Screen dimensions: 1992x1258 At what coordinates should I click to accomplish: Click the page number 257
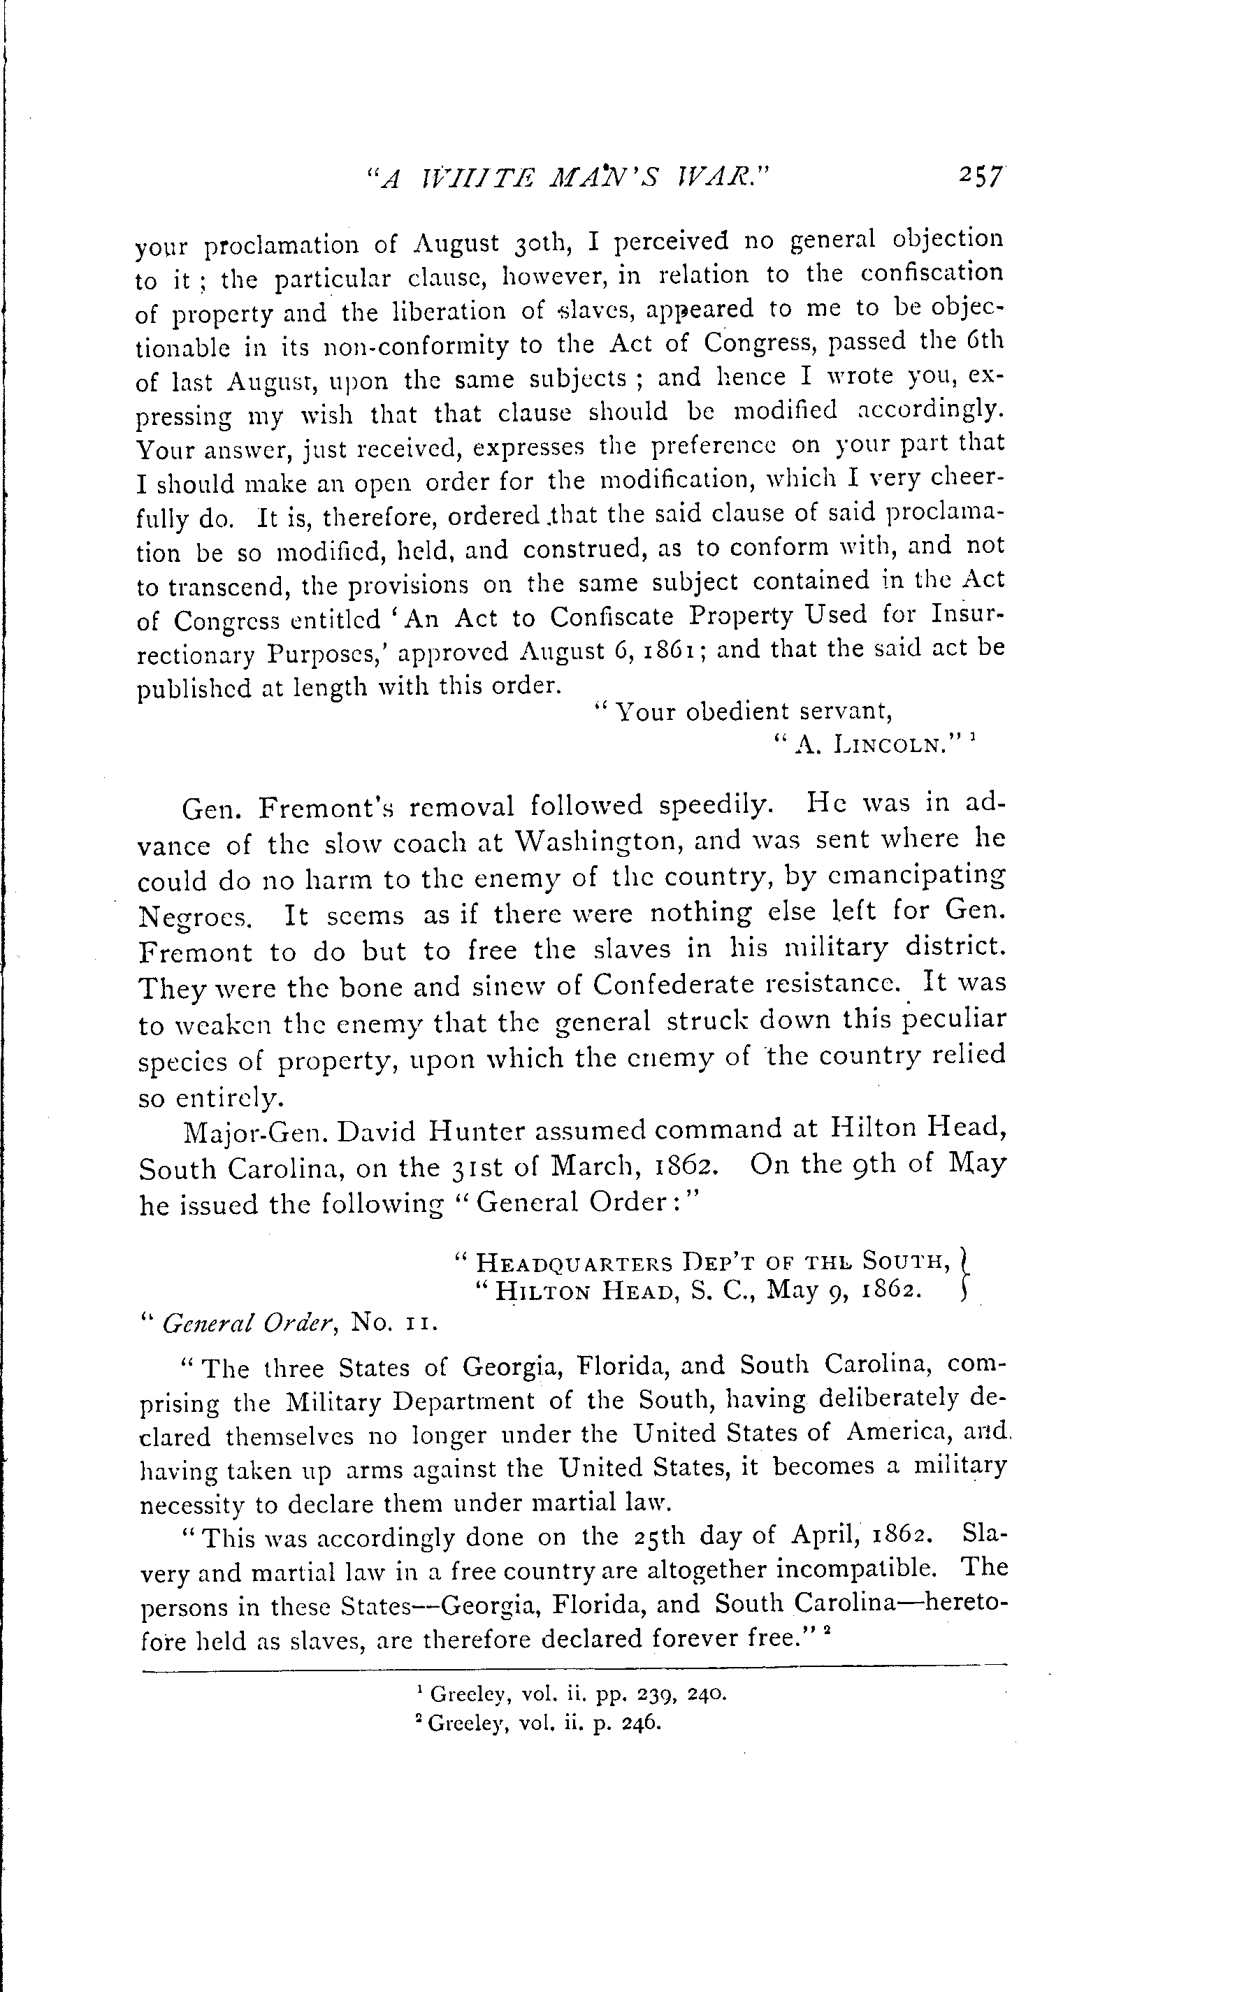(981, 177)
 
